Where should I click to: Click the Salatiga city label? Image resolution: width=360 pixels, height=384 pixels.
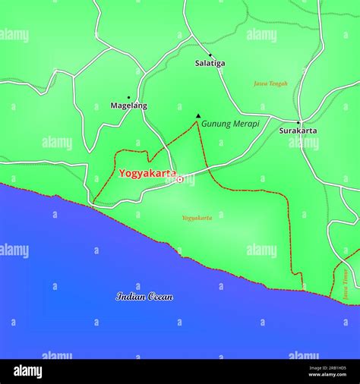pyautogui.click(x=210, y=63)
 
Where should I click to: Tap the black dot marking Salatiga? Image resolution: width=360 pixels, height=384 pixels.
pyautogui.click(x=210, y=55)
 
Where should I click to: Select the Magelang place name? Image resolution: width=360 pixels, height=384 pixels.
pyautogui.click(x=129, y=105)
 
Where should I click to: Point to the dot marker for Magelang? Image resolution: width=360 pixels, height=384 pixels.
pyautogui.click(x=128, y=97)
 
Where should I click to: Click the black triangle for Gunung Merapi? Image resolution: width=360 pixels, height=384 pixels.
pyautogui.click(x=198, y=116)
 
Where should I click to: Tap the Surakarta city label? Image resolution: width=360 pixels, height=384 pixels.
pyautogui.click(x=298, y=131)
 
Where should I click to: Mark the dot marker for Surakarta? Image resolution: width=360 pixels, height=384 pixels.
pyautogui.click(x=298, y=122)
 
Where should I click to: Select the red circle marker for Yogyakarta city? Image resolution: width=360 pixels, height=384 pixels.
pyautogui.click(x=179, y=179)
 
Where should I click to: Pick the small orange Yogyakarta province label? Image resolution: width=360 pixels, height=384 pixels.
pyautogui.click(x=197, y=218)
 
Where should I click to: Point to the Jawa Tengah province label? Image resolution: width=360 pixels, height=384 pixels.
pyautogui.click(x=270, y=83)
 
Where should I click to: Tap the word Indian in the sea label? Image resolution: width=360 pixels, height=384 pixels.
pyautogui.click(x=131, y=297)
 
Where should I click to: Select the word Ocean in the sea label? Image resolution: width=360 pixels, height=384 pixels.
pyautogui.click(x=161, y=297)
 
